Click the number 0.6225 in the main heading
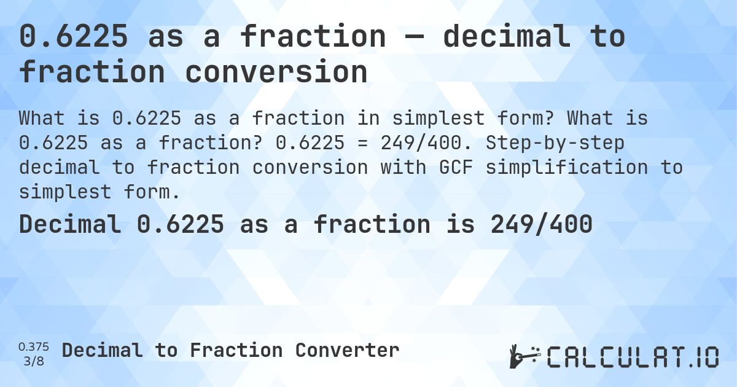(74, 37)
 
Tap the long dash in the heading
(415, 37)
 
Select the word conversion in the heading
(276, 72)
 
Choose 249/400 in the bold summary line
(541, 225)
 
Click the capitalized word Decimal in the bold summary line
(70, 225)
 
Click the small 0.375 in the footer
(34, 347)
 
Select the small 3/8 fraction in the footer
(34, 361)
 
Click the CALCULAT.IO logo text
(633, 357)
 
